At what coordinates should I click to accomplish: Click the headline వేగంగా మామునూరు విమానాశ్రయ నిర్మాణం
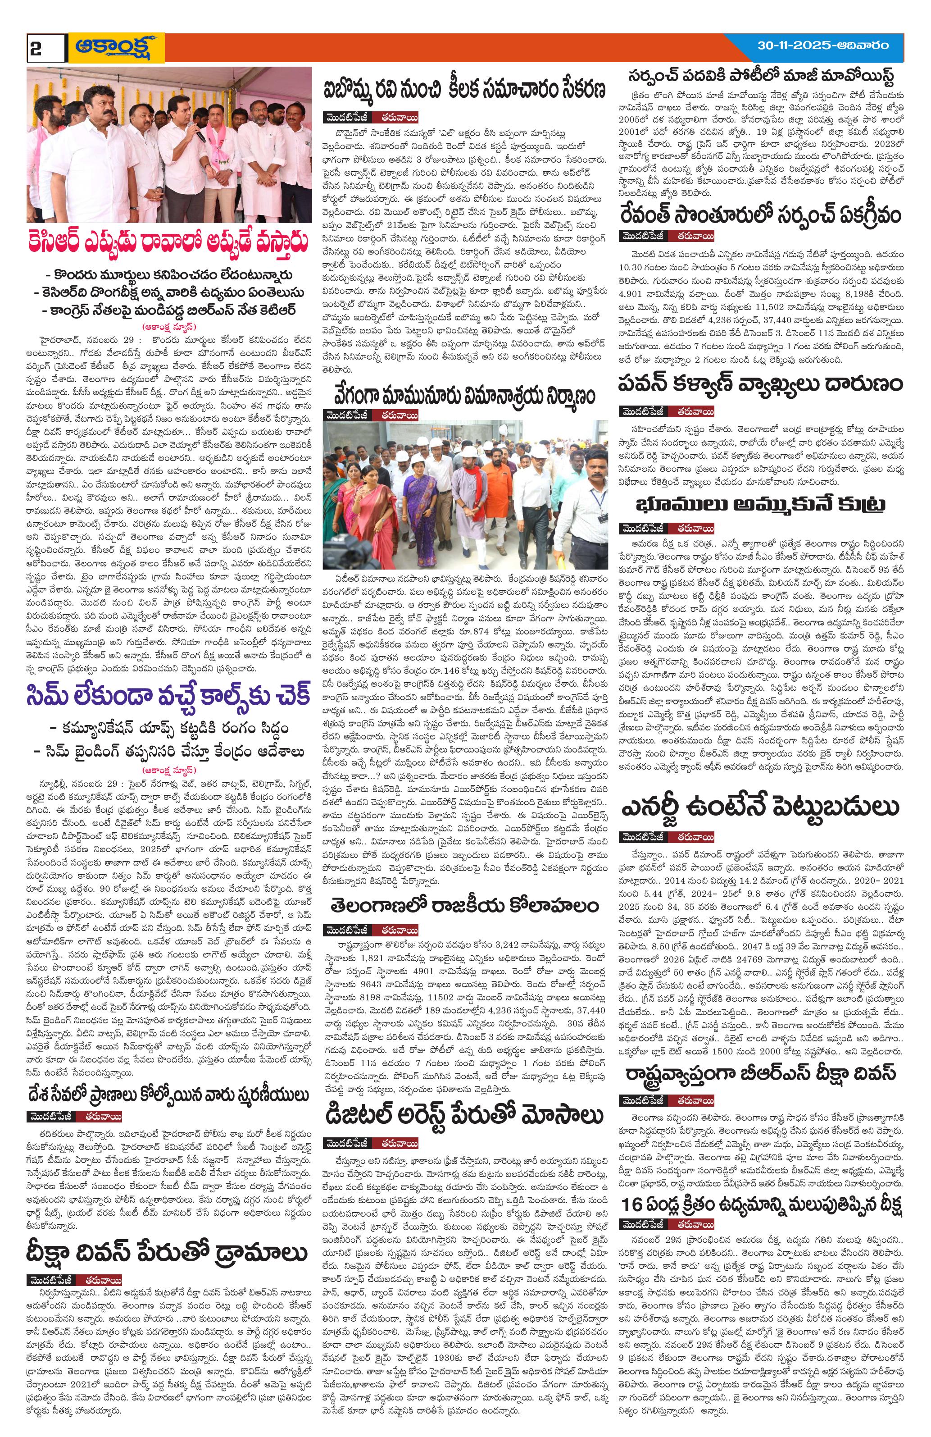tap(464, 396)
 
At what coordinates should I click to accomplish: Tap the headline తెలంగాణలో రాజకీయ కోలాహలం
tap(464, 905)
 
